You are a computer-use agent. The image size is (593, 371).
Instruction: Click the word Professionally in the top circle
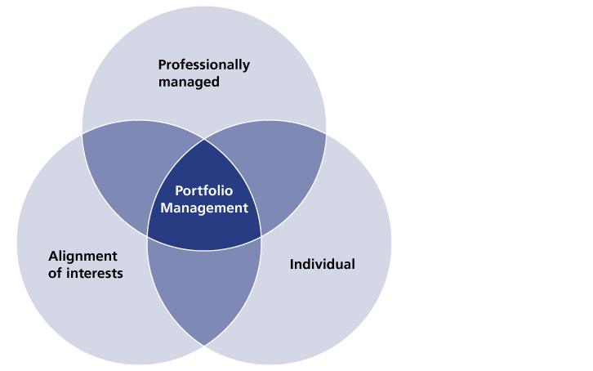click(204, 65)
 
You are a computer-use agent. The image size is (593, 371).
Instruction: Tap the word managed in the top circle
click(189, 82)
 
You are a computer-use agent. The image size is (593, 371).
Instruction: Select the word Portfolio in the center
click(204, 190)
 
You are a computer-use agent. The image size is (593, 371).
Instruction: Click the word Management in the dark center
click(204, 208)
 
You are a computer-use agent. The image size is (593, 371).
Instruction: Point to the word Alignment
click(82, 257)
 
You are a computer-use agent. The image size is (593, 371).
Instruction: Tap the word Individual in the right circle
click(322, 264)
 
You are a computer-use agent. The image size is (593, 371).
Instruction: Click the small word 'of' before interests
click(56, 273)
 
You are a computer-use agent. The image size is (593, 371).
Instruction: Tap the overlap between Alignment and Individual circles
click(204, 284)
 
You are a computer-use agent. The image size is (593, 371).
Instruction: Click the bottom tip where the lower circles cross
click(204, 346)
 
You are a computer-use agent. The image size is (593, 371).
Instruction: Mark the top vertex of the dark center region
click(204, 139)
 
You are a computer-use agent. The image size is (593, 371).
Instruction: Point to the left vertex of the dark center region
click(147, 237)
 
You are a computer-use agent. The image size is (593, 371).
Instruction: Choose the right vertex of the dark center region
click(261, 237)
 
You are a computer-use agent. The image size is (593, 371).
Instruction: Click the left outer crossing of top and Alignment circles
click(82, 134)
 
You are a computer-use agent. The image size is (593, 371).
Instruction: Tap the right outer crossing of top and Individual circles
click(326, 134)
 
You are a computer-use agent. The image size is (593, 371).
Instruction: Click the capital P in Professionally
click(163, 65)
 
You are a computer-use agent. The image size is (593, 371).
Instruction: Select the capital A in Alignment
click(54, 256)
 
